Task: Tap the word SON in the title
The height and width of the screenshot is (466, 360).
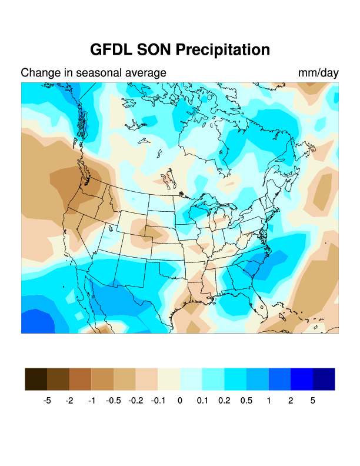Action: [x=154, y=49]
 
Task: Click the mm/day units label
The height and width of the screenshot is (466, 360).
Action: [x=318, y=73]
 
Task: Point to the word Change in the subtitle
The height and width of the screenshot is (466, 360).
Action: [x=39, y=73]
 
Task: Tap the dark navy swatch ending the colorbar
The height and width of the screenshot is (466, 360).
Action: [x=324, y=379]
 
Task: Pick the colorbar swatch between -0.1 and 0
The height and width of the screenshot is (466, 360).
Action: [x=169, y=379]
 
